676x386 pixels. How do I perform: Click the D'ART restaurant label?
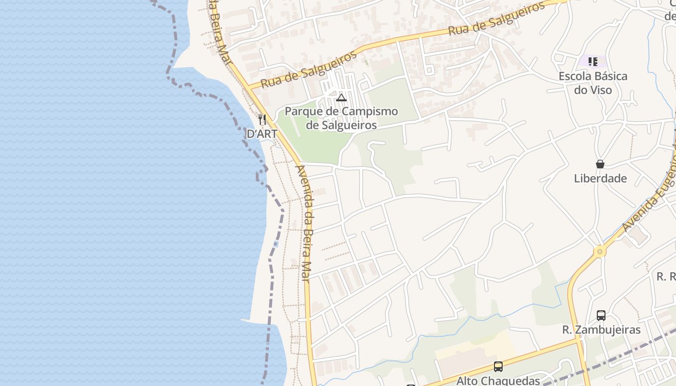262,134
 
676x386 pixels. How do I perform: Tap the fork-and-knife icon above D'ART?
262,119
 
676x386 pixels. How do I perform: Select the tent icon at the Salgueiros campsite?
341,98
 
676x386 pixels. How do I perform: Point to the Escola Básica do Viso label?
592,83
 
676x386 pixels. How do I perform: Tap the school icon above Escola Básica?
593,61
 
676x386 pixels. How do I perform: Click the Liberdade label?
600,179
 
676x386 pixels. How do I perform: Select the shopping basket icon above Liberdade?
600,164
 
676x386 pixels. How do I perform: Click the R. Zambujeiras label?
601,330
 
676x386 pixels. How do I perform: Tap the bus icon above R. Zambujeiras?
601,316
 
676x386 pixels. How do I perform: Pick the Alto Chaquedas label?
498,381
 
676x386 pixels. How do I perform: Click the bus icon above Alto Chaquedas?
498,367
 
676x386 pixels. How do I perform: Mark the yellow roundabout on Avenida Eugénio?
600,251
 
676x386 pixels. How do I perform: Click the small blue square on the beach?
276,244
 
